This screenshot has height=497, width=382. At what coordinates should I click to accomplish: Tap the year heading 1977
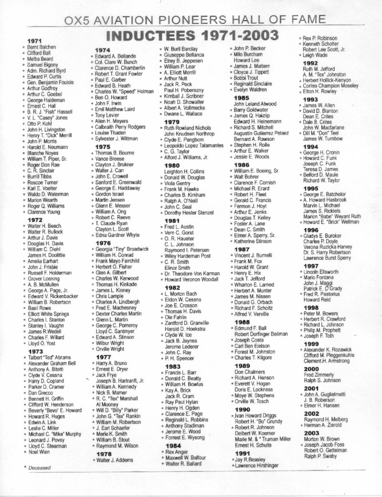[103, 357]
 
